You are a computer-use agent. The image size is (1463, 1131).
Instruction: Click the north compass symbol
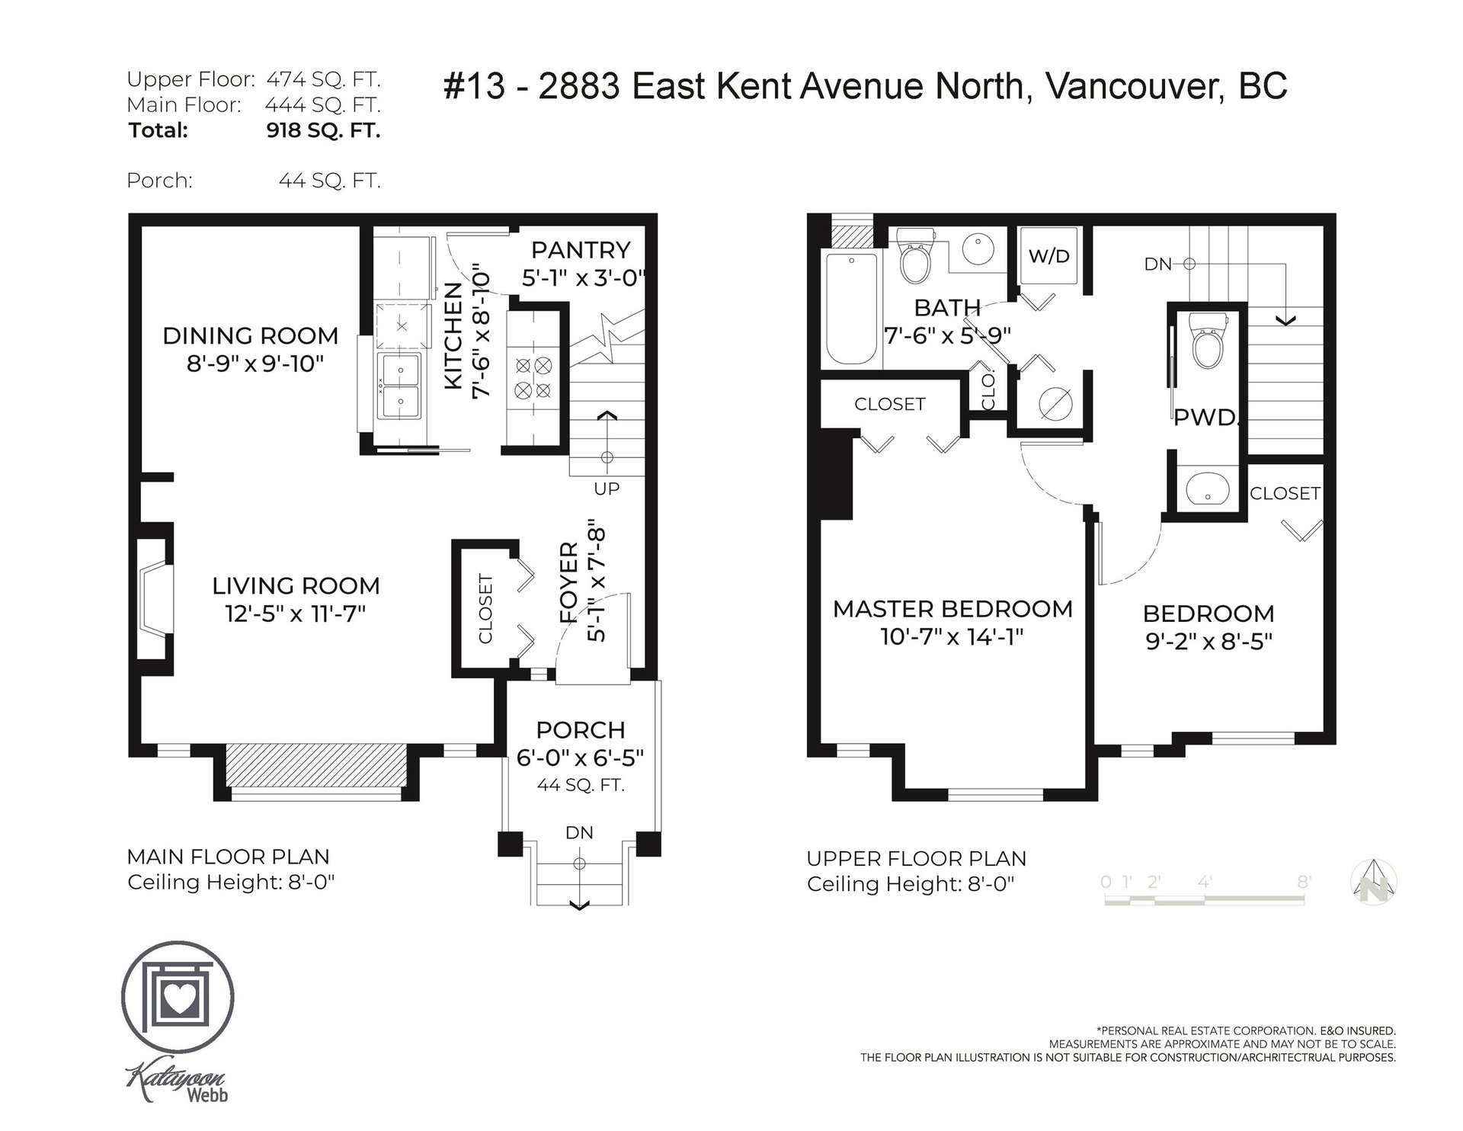pos(1376,882)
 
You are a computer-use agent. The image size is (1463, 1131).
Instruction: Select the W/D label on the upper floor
pos(1049,256)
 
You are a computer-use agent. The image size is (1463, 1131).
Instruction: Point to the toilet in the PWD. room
pos(1207,350)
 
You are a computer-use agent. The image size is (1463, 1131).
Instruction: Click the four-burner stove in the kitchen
pos(533,377)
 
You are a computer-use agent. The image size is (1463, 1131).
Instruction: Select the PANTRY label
pos(581,250)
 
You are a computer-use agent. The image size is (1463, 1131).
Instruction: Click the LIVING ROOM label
pos(296,585)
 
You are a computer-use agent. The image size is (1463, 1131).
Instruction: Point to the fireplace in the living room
pos(155,599)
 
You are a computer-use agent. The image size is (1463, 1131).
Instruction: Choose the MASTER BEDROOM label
pos(952,609)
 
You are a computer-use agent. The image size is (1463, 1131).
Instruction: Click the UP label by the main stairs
pos(607,489)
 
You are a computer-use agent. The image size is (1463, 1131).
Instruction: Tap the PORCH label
pos(581,730)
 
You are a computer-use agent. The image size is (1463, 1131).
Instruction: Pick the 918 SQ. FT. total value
pos(323,130)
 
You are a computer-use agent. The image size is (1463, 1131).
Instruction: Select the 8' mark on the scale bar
pos(1304,882)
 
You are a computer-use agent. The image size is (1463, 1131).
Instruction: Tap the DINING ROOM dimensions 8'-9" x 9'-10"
pos(255,364)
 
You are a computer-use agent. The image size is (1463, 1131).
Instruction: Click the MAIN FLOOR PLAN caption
pos(229,857)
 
